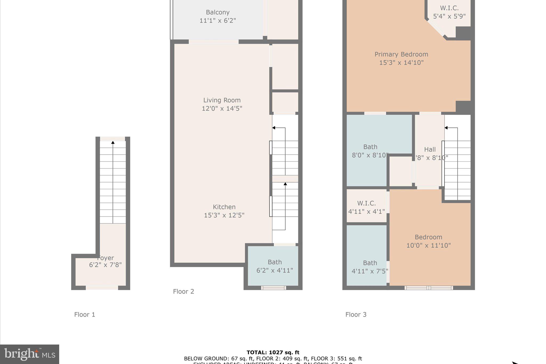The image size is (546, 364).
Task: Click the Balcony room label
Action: pos(218,12)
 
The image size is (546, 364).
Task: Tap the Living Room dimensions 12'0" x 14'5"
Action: pos(222,109)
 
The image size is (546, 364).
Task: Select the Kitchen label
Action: pos(224,207)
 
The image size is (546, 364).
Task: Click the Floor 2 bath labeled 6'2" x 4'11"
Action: pos(275,266)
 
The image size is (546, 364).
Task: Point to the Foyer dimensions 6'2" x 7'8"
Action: pos(105,265)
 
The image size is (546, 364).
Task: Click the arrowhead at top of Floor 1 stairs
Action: pos(113,143)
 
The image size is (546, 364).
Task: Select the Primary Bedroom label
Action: pos(401,54)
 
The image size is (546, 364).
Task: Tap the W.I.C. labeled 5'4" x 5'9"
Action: pos(449,12)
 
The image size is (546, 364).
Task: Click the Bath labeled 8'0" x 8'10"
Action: pos(370,151)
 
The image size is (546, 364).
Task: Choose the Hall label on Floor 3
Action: pos(430,150)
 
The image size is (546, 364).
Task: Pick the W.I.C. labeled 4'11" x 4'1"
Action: pos(366,207)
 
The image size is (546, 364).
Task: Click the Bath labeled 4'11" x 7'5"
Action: pos(370,267)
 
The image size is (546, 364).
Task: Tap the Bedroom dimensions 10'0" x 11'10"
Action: pos(428,245)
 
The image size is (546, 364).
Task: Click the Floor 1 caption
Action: pos(85,315)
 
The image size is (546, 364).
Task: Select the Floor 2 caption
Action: pos(183,291)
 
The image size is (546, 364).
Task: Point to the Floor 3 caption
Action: pos(356,315)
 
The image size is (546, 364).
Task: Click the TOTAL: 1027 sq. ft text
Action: pos(273,353)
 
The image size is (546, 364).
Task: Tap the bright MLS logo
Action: pos(30,354)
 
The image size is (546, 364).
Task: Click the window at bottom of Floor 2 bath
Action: pos(273,288)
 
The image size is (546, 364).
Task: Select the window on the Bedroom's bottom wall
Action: pos(428,288)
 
